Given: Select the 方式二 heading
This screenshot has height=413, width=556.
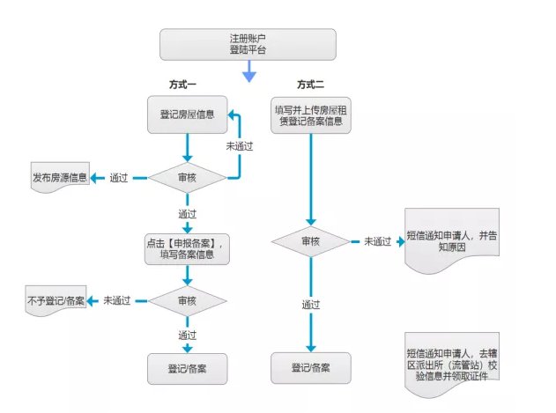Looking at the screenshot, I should pos(310,85).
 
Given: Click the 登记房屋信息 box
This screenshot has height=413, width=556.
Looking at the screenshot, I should pos(186,114).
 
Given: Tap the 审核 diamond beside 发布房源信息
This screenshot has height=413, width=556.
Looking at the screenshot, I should pos(187,177).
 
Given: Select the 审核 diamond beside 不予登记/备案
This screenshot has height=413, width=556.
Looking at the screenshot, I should pos(187,300).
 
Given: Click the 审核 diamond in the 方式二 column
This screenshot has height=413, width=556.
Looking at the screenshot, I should pos(310,240).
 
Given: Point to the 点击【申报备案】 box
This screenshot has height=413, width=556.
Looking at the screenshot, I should pos(187,249).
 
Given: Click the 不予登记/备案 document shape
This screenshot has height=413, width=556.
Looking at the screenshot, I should pos(56,301).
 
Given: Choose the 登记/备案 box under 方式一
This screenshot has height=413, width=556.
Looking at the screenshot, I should pos(187,367).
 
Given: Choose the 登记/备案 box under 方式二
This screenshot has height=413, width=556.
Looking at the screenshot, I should pos(310,367).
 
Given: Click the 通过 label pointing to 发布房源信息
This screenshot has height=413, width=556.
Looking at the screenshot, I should pos(119,178).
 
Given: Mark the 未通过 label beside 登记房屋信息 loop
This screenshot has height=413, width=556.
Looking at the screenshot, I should pos(241,145).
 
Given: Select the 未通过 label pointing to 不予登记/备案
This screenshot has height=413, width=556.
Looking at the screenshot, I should pos(117,300).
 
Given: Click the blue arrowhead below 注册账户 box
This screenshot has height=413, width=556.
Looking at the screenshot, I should pos(248,77).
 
